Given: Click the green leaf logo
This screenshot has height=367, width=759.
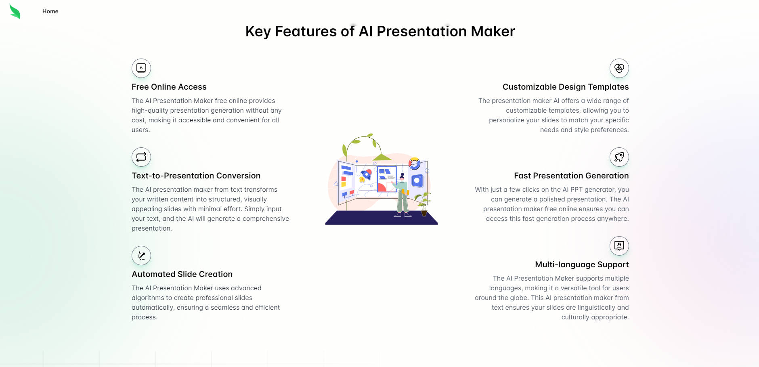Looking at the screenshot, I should (15, 12).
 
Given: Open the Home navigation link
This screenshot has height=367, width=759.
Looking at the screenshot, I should (50, 11).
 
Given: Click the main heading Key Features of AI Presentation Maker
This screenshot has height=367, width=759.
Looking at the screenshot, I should (380, 31).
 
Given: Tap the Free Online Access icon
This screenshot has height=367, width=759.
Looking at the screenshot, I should (141, 68).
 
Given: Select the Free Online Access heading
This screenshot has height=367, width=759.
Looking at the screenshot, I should (169, 87).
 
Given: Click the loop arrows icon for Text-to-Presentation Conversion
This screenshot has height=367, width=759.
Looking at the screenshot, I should (141, 157).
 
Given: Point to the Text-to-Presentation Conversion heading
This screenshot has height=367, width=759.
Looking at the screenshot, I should (196, 176).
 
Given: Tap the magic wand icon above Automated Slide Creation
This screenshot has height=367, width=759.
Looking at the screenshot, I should (141, 256).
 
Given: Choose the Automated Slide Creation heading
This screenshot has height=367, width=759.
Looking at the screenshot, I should (182, 274).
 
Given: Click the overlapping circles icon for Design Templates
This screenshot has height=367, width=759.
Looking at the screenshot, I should (619, 68).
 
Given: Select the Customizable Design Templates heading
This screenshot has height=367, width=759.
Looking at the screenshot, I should (565, 87).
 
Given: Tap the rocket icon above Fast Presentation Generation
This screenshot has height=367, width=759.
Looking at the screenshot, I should (619, 157).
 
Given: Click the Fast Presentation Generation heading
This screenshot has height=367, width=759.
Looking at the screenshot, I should (571, 176).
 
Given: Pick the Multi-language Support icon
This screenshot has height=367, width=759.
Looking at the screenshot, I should (619, 246).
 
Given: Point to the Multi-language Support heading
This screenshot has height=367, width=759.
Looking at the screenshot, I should (581, 264).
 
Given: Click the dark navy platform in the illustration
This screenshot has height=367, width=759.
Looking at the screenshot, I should (381, 218).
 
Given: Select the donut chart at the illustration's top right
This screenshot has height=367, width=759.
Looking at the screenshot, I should (414, 164).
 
